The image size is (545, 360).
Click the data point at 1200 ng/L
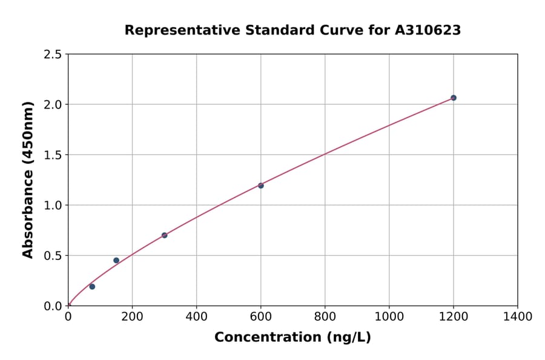click(x=453, y=98)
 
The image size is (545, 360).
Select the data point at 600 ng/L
click(x=260, y=185)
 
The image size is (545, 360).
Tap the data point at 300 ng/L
click(x=164, y=235)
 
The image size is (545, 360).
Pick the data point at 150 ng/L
click(x=116, y=261)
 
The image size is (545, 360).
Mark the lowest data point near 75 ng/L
click(x=92, y=287)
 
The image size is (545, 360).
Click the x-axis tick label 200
click(x=132, y=316)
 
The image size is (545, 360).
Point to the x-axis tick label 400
click(x=196, y=316)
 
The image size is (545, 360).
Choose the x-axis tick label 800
click(x=325, y=316)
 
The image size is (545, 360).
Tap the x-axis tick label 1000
click(x=389, y=316)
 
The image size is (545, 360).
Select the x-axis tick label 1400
click(x=517, y=316)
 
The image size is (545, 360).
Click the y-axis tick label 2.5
click(x=53, y=55)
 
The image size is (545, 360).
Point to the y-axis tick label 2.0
click(x=53, y=105)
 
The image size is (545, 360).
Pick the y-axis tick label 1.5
click(x=53, y=155)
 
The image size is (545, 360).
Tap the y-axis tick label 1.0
click(x=53, y=205)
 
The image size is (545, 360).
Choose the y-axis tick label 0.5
click(x=53, y=256)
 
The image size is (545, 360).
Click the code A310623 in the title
click(x=428, y=30)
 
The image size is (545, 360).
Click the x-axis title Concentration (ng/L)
click(x=292, y=338)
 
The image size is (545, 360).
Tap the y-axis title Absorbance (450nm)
click(x=28, y=180)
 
